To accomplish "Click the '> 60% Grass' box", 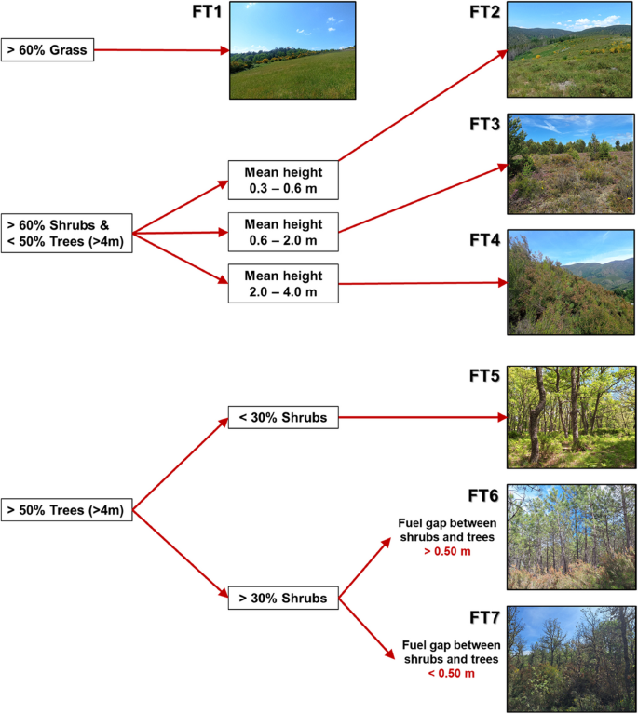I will coord(46,50).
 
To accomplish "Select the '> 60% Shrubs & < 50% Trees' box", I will coord(67,232).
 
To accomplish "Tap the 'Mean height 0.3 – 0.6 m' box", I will coord(282,181).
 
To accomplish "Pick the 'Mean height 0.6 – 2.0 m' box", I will coord(282,232).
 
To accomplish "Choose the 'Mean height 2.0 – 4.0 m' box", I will coord(282,283).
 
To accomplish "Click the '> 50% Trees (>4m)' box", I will coord(67,509).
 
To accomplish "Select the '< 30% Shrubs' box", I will coord(282,418).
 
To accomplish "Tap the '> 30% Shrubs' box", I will coord(282,598).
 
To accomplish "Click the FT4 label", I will coord(484,240).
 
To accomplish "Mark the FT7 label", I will coord(486,616).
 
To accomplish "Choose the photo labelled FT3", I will coord(571,165).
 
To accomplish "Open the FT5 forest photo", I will coord(571,417).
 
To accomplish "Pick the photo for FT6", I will coord(571,537).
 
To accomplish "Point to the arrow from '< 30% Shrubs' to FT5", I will coord(419,418).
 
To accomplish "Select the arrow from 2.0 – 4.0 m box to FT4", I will coord(419,283).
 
